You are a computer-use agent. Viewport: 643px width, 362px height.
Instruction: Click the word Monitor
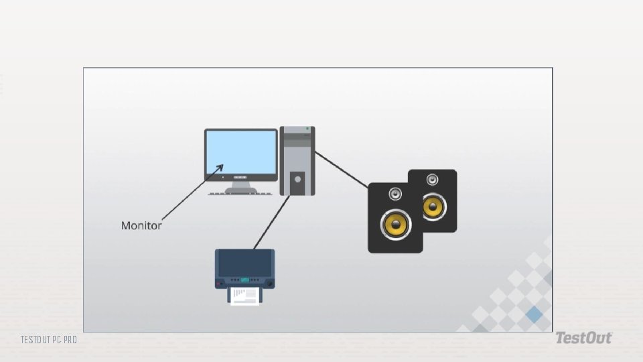pyautogui.click(x=141, y=226)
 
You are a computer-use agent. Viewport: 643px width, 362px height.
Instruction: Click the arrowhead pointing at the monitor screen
pyautogui.click(x=220, y=167)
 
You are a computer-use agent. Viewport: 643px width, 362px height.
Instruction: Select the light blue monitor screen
pyautogui.click(x=241, y=154)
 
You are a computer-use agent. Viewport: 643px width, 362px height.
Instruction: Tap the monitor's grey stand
pyautogui.click(x=241, y=186)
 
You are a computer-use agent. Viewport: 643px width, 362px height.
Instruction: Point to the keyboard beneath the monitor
pyautogui.click(x=241, y=194)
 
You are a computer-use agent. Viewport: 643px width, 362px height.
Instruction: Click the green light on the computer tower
pyautogui.click(x=307, y=128)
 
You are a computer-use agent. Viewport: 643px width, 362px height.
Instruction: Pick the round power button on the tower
pyautogui.click(x=298, y=179)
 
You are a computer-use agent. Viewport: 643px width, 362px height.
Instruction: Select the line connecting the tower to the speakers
pyautogui.click(x=342, y=169)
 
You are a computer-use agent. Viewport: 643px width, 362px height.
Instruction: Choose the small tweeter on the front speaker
pyautogui.click(x=395, y=194)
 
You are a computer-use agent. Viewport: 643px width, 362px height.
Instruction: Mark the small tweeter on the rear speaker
pyautogui.click(x=433, y=179)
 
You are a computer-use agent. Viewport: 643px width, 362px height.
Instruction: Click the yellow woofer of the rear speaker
pyautogui.click(x=434, y=207)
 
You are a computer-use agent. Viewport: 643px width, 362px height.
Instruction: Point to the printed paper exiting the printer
pyautogui.click(x=245, y=295)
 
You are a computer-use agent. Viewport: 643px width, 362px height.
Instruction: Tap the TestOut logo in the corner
pyautogui.click(x=583, y=339)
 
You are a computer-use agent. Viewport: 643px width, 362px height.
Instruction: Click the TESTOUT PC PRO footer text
pyautogui.click(x=48, y=341)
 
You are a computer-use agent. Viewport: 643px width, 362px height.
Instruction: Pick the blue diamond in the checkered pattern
pyautogui.click(x=534, y=314)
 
